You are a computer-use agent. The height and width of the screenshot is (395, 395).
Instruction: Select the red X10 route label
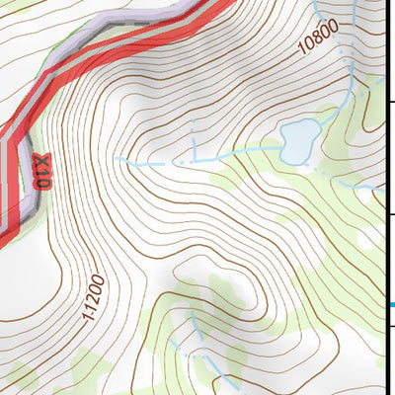coord(41,170)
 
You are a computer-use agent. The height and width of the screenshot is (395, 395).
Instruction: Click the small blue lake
coord(297,140)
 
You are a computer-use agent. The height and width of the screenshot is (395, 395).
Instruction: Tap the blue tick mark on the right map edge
coord(391,304)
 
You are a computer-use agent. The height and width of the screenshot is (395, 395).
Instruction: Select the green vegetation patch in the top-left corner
coord(49,54)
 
